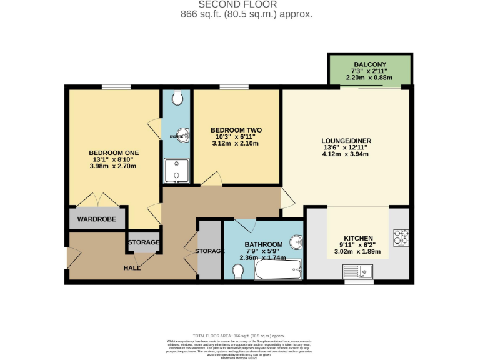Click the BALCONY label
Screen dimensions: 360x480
coord(370,64)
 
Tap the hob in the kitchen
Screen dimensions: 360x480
coord(400,237)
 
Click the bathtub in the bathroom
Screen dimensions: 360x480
coord(278,271)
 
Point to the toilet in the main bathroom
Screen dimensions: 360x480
coord(237,271)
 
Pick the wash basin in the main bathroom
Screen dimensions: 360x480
coord(297,242)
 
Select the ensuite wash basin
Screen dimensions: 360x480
coord(181,136)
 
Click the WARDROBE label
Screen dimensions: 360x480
coord(97,219)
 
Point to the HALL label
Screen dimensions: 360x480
coord(132,268)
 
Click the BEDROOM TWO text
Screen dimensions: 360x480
coord(236,130)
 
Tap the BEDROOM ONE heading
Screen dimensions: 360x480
coord(114,152)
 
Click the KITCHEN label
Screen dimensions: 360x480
coord(358,238)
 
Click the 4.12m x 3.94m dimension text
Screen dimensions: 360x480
coord(345,154)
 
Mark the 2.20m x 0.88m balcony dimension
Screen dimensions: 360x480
coord(370,78)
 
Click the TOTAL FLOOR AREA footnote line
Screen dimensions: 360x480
coord(239,336)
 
